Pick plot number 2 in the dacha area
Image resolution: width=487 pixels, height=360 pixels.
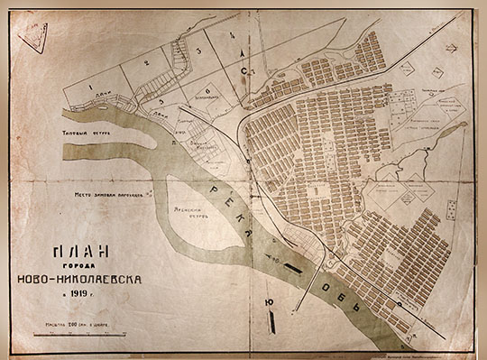tap(146, 63)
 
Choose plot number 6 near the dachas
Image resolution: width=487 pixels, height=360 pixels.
tap(207, 91)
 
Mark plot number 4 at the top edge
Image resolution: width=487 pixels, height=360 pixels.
tap(232, 35)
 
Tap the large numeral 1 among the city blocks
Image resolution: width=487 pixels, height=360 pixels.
tap(316, 190)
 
